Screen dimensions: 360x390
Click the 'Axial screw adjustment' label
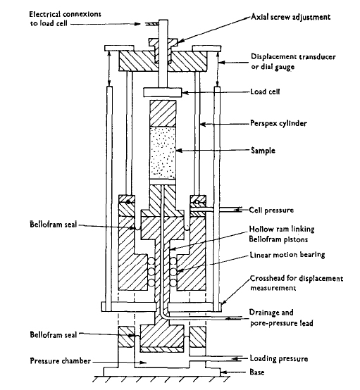[x=290, y=17]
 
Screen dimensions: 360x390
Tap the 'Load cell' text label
[x=265, y=92]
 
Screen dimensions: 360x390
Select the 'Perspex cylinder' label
[x=278, y=123]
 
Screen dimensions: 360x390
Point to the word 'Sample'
[x=263, y=151]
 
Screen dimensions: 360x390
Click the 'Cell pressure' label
[x=271, y=210]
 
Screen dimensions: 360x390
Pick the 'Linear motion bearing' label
[x=287, y=255]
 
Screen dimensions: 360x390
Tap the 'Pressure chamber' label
[x=61, y=361]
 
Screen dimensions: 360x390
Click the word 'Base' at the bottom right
[x=257, y=372]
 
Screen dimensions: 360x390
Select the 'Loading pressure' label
[x=279, y=358]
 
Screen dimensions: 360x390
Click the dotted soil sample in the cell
[x=163, y=153]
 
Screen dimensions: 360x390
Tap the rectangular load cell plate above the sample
[x=162, y=92]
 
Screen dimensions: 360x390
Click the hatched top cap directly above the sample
[x=163, y=113]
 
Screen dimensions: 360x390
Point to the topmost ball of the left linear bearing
[x=151, y=262]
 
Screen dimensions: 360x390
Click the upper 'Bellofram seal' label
[x=53, y=225]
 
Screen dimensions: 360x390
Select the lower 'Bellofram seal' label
[x=53, y=335]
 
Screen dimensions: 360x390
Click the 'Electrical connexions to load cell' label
[x=66, y=18]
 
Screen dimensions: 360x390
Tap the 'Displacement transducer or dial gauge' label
[x=293, y=61]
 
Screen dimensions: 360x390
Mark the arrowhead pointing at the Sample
[x=179, y=151]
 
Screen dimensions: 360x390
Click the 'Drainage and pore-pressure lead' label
[x=281, y=317]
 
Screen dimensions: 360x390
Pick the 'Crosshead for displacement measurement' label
[x=297, y=283]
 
